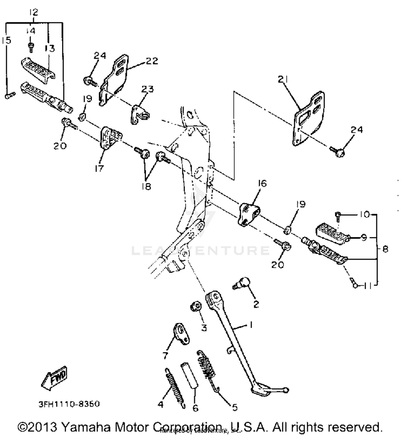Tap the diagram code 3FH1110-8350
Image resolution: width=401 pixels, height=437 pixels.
tap(69, 404)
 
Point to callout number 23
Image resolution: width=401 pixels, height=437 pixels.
tap(148, 89)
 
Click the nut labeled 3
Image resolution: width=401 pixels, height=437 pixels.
tap(196, 306)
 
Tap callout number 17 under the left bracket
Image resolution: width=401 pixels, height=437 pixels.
tap(99, 168)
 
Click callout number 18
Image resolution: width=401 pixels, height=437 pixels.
tap(146, 186)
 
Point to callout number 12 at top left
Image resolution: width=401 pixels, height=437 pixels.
tap(33, 12)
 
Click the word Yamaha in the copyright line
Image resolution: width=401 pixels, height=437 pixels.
tap(86, 427)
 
